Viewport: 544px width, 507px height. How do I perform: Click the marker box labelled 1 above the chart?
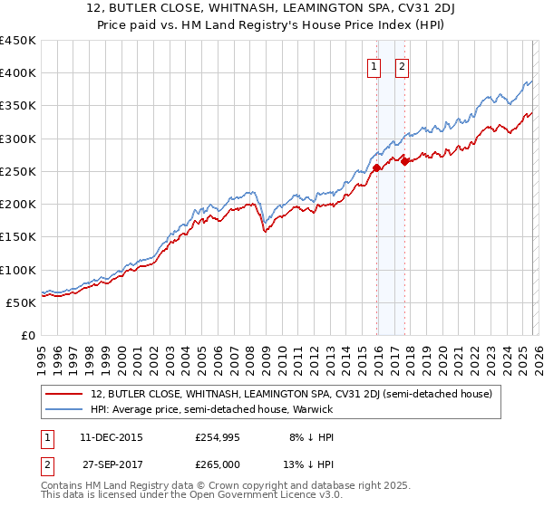pos(374,65)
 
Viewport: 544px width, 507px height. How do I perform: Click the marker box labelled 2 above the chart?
pos(401,65)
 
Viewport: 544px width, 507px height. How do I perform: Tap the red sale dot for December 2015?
pos(376,167)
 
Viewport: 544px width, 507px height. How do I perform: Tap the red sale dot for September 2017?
pos(405,161)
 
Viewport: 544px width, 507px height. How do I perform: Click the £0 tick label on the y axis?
pos(27,335)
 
